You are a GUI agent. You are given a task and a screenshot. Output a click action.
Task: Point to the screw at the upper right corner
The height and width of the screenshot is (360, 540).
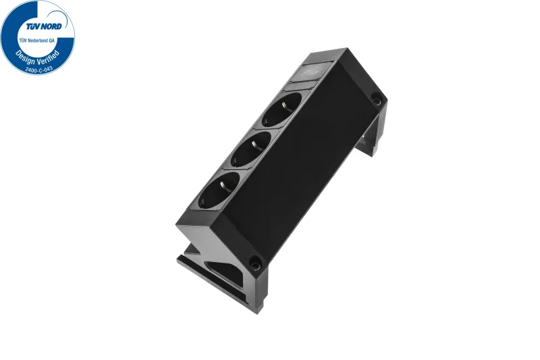(x=375, y=99)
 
